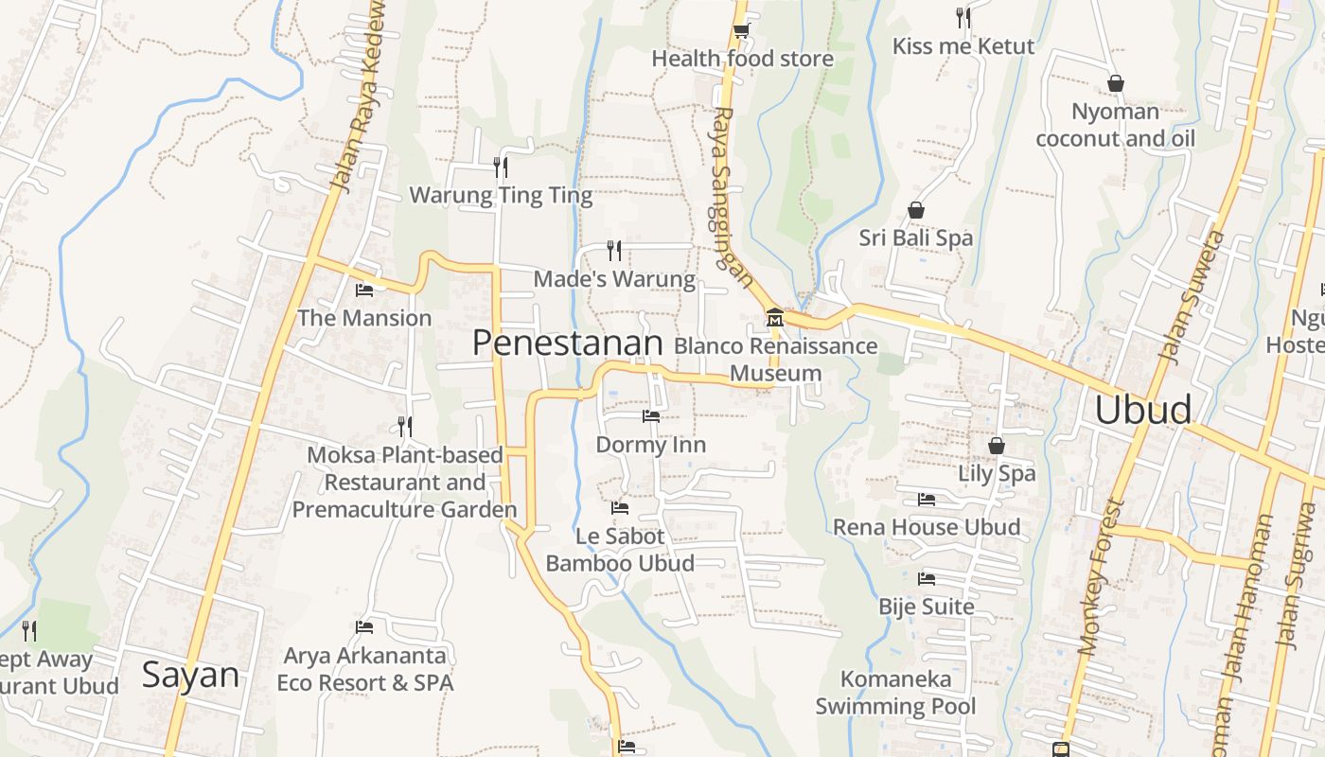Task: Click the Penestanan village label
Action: click(567, 343)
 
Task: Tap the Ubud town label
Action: click(1142, 410)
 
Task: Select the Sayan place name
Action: click(190, 675)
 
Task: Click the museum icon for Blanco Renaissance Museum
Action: click(775, 317)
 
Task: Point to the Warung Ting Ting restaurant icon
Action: click(501, 167)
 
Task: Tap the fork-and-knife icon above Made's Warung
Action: click(615, 251)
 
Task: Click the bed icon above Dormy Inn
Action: click(651, 415)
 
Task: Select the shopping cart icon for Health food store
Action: click(741, 31)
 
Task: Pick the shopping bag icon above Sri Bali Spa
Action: click(916, 210)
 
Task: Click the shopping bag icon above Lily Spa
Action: click(997, 445)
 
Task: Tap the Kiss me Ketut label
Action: click(963, 45)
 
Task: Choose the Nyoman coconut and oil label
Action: click(1115, 125)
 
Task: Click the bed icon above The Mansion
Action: click(364, 290)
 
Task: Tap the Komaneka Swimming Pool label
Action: click(895, 693)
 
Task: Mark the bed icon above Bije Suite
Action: click(927, 578)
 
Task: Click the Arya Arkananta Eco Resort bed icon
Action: click(364, 626)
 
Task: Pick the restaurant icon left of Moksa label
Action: click(405, 427)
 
